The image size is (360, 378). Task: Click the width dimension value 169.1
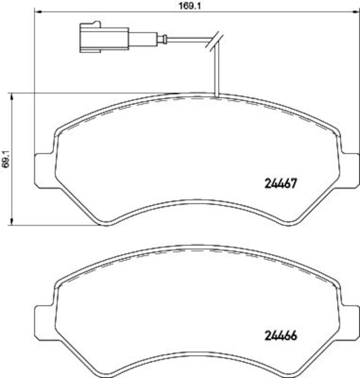(183, 6)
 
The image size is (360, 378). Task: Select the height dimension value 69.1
(6, 160)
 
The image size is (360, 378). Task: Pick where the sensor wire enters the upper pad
(215, 96)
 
